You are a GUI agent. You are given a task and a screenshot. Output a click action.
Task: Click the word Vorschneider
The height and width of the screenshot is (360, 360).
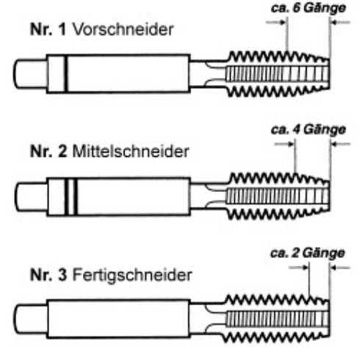click(x=123, y=29)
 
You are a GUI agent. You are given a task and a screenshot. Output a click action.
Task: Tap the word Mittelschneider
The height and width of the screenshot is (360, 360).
click(x=131, y=151)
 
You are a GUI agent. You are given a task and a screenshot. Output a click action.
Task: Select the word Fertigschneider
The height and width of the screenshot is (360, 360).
click(x=132, y=276)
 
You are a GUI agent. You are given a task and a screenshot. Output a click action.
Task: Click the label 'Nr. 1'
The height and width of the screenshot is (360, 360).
click(x=48, y=29)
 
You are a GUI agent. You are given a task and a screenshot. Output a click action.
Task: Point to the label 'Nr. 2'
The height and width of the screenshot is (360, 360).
click(x=48, y=151)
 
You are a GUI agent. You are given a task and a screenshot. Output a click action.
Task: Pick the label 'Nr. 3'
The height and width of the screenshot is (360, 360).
click(x=48, y=275)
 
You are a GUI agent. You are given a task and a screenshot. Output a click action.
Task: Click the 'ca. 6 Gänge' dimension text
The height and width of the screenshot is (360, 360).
click(x=309, y=8)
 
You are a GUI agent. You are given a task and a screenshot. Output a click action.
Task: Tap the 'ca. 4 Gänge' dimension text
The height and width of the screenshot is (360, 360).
click(x=309, y=129)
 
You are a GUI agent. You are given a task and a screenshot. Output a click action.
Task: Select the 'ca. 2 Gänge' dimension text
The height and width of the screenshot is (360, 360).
click(x=308, y=253)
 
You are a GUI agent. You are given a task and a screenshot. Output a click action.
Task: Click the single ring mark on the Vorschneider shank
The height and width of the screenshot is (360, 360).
click(x=65, y=73)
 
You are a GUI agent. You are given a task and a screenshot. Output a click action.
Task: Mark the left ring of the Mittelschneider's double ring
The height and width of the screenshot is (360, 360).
click(x=67, y=197)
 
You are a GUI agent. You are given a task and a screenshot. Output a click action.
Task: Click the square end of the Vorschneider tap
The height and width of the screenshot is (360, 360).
click(x=30, y=73)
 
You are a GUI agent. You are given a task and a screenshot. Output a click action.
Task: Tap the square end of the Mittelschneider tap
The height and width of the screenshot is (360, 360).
click(x=31, y=197)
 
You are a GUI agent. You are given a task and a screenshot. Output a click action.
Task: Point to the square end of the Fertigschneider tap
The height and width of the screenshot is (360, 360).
click(x=30, y=320)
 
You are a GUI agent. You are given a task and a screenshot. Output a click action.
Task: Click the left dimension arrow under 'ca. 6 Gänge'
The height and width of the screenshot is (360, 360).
click(x=276, y=23)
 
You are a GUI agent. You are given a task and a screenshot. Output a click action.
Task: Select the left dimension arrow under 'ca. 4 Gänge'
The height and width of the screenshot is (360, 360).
click(x=284, y=144)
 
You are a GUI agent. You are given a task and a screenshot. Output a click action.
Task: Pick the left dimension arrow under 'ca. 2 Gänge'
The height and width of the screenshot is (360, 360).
click(x=298, y=267)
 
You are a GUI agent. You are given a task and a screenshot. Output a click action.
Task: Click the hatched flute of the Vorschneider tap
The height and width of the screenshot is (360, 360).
click(x=277, y=73)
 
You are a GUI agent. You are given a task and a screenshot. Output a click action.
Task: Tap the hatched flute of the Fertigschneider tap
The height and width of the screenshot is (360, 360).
click(x=277, y=319)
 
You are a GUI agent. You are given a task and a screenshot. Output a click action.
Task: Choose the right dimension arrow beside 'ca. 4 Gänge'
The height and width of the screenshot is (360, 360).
click(x=341, y=144)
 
